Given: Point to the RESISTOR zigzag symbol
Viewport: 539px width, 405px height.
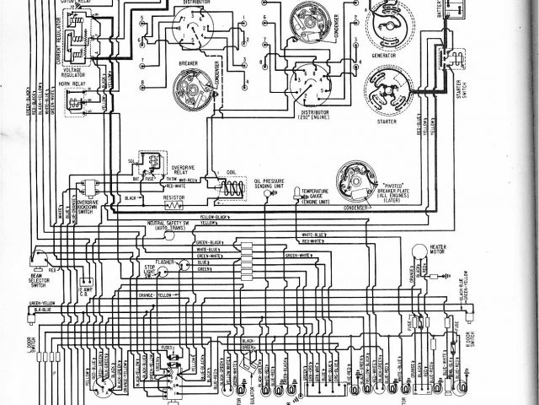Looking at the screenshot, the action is tap(175, 205).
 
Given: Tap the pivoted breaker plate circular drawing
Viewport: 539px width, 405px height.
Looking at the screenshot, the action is tap(357, 180).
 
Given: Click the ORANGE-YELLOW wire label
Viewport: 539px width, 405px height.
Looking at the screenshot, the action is tap(152, 295).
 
